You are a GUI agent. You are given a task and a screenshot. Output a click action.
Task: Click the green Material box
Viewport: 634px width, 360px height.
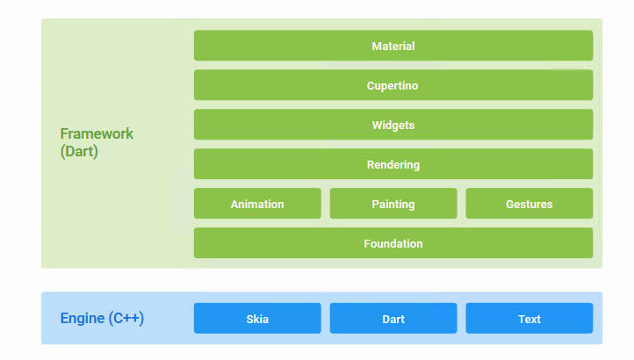point(393,46)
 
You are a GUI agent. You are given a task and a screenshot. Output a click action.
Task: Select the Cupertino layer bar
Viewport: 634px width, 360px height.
point(393,85)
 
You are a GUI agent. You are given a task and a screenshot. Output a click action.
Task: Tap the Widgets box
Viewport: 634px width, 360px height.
point(393,125)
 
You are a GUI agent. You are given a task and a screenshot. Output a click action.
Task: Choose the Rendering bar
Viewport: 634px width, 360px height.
point(393,164)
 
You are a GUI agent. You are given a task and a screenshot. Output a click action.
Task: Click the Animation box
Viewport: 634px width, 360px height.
point(257,204)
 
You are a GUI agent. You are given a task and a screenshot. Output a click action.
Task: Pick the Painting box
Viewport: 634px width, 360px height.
point(393,204)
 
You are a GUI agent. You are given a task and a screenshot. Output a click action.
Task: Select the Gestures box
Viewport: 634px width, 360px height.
point(530,204)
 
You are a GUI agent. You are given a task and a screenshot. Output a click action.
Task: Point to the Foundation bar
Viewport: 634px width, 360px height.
point(393,243)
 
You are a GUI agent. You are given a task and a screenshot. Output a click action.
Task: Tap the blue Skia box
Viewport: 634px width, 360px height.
point(257,319)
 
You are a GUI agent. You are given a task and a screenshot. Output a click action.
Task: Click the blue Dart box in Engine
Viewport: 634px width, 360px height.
point(393,319)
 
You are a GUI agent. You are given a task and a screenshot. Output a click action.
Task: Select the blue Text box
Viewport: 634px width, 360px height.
point(530,319)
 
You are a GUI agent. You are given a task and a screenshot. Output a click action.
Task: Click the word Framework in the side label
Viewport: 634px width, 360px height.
point(97,133)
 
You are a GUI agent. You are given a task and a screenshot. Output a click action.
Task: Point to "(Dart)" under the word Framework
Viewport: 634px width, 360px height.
point(79,152)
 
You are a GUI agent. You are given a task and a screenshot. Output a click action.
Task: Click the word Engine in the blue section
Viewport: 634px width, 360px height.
point(83,319)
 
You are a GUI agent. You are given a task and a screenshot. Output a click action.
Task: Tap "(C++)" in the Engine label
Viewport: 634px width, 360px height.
point(126,319)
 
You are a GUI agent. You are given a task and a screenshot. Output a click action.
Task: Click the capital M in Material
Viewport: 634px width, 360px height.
point(376,47)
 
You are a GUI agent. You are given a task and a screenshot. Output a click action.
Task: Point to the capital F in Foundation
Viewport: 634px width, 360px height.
point(367,244)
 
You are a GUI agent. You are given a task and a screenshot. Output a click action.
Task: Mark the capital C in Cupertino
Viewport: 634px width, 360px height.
point(371,86)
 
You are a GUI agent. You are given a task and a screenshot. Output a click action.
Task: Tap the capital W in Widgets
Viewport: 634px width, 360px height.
point(378,126)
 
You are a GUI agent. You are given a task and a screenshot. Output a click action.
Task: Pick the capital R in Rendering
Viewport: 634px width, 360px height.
point(371,164)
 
